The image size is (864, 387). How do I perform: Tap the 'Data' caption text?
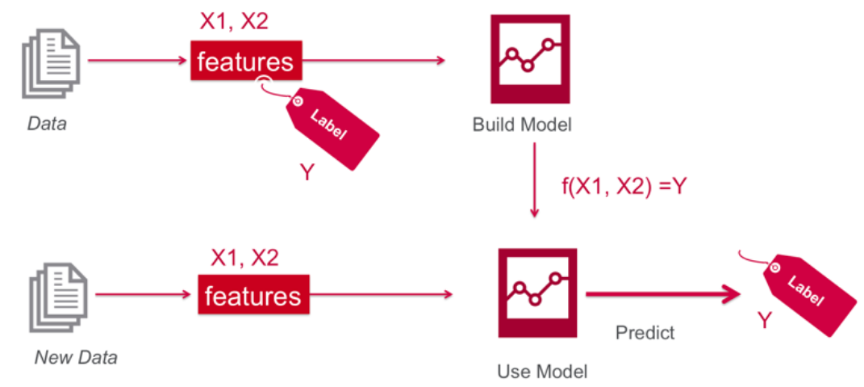coord(47,124)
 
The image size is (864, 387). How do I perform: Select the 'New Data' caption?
coord(75,356)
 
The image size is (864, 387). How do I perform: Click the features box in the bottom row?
coord(253,296)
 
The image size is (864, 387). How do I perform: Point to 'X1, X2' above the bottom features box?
coord(244,258)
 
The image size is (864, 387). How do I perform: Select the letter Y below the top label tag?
coord(307,172)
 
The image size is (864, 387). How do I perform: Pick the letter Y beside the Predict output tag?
coord(765,321)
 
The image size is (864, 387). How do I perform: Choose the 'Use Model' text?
coord(542,372)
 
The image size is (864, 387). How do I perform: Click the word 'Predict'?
coord(645,332)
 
